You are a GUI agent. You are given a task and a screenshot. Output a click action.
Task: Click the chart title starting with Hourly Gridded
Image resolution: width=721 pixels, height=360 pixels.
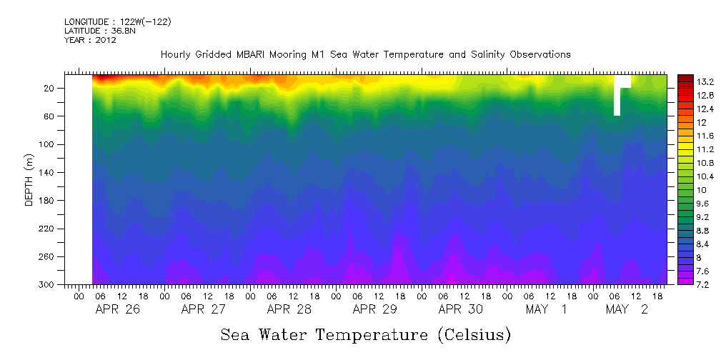coord(365,54)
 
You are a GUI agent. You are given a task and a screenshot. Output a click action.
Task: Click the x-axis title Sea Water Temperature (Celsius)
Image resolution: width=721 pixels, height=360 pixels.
coord(365,334)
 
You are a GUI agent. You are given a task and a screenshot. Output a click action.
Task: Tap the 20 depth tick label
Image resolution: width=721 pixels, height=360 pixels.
coord(50,89)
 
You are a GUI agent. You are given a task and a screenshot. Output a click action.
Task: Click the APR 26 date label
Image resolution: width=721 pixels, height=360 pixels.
coord(117,309)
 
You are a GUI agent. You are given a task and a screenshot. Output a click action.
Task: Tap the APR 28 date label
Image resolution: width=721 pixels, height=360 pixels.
coord(289,309)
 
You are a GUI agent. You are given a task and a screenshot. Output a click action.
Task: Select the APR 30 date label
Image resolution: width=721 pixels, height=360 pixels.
coord(460,309)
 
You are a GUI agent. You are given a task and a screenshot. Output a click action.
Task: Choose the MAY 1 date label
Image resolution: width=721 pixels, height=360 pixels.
coord(546,309)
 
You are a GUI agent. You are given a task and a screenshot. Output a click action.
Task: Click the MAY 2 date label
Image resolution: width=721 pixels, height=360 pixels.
coord(626,309)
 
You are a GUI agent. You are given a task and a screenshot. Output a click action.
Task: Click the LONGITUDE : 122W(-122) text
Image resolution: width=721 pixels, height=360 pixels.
coord(117,22)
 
